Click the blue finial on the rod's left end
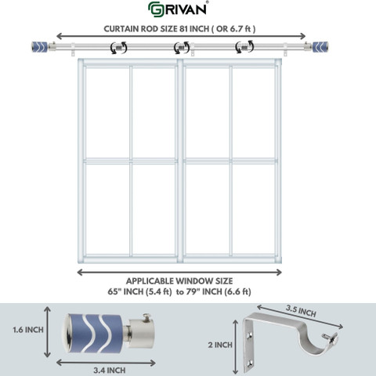click(40, 47)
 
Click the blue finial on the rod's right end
click(320, 47)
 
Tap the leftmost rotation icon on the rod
click(119, 48)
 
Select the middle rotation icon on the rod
click(182, 48)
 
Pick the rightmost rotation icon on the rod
click(244, 47)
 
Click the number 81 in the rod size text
click(183, 29)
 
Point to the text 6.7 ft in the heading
click(240, 29)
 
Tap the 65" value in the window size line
click(114, 291)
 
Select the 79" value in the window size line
click(193, 291)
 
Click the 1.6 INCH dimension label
click(28, 330)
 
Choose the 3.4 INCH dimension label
click(110, 371)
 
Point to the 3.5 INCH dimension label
click(301, 310)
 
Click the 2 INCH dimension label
click(220, 345)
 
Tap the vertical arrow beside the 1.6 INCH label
click(47, 332)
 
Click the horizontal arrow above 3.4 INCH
click(106, 363)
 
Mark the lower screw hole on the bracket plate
click(250, 363)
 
